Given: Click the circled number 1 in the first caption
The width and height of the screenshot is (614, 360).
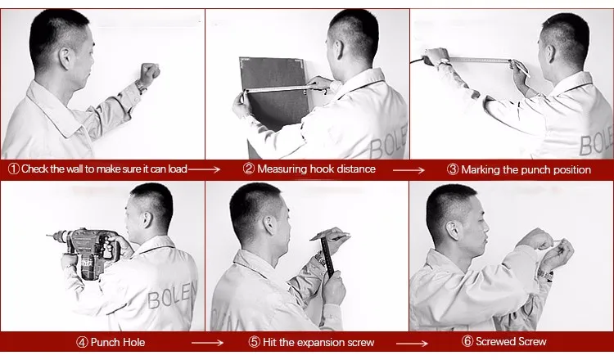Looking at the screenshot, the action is (x=14, y=169).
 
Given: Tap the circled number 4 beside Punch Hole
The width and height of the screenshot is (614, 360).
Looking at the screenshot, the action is (x=82, y=342).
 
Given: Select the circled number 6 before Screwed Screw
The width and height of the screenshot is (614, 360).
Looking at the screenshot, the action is (x=467, y=341).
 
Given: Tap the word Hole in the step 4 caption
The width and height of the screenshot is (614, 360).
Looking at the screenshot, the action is (x=133, y=342).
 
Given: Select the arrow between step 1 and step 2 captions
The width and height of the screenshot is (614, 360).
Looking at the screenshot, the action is (x=204, y=169).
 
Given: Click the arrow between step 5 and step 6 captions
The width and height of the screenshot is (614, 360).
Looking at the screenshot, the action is (x=412, y=344).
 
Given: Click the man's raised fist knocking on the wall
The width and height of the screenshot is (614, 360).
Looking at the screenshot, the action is (x=150, y=73).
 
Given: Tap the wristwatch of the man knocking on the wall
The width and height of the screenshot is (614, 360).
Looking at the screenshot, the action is (x=141, y=87).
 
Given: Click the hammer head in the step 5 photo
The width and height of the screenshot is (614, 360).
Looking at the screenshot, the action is (x=329, y=235).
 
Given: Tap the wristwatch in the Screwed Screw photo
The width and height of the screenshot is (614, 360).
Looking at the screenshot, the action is (x=545, y=275).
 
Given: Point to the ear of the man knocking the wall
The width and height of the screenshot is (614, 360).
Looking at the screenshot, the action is (x=65, y=58).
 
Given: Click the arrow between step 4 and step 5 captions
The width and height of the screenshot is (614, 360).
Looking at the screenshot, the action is (x=208, y=343).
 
